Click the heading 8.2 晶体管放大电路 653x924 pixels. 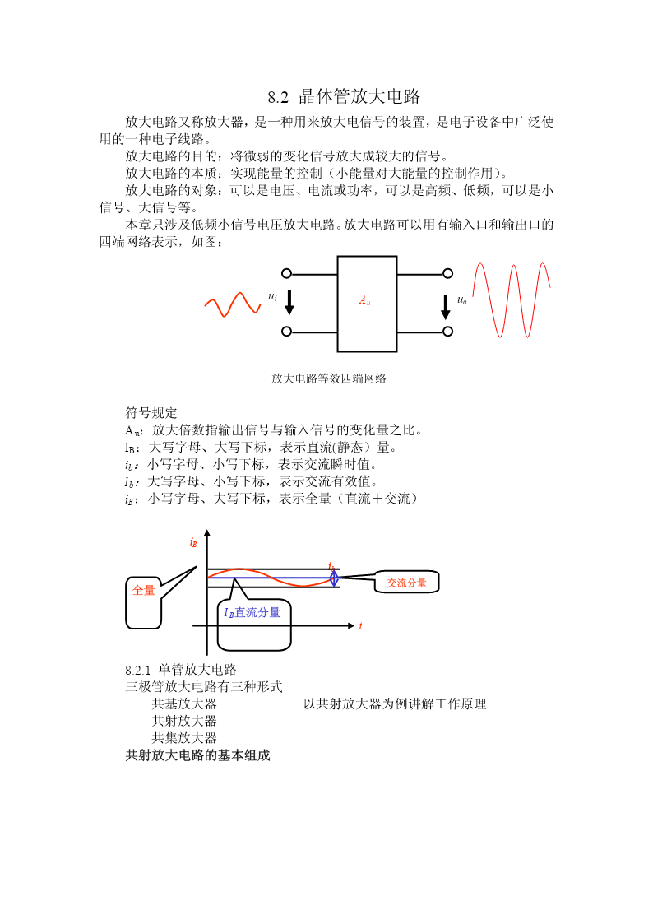pos(344,96)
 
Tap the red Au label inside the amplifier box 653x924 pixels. pos(365,300)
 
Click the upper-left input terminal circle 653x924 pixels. pos(287,273)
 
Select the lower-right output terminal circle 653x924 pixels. pos(448,332)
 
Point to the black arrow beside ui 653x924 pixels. pos(289,302)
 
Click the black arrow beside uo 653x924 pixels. pos(446,306)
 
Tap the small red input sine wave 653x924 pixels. pos(233,304)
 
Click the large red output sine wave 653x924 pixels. pos(511,300)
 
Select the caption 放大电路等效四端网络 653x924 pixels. pos(329,378)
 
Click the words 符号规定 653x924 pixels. pos(151,412)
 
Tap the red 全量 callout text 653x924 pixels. pos(143,590)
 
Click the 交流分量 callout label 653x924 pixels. pos(406,583)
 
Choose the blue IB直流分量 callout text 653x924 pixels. pos(252,612)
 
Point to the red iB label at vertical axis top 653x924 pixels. pos(193,542)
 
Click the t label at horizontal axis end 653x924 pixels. pos(360,626)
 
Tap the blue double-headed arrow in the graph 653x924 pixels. pos(334,578)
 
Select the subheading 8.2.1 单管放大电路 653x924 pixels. pos(181,670)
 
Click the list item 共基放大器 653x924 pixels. pos(184,703)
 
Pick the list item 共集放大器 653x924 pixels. pos(184,738)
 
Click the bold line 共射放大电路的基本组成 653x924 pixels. pos(198,755)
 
